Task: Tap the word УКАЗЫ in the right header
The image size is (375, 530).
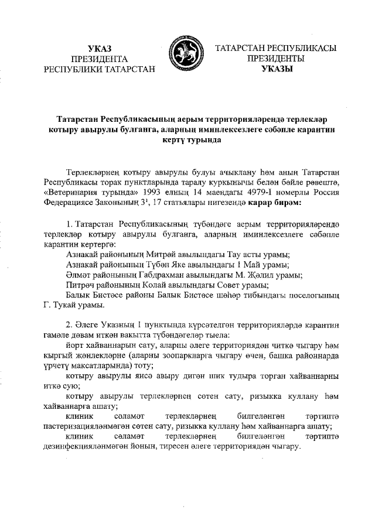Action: pyautogui.click(x=275, y=69)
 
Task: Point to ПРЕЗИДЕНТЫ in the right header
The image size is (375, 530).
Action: pyautogui.click(x=275, y=59)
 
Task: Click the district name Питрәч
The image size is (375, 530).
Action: pyautogui.click(x=82, y=285)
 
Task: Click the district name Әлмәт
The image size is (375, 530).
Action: pyautogui.click(x=80, y=275)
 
